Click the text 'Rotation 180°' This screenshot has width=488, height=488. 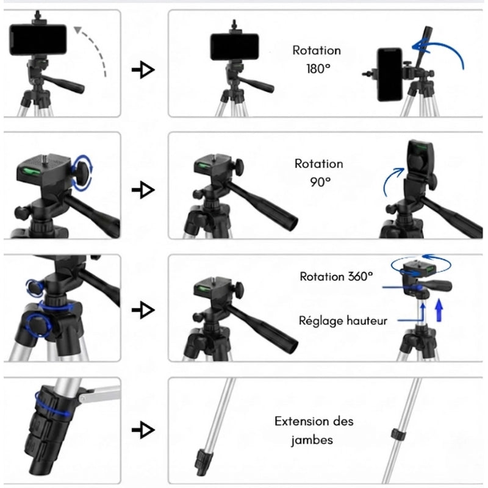[x=316, y=60]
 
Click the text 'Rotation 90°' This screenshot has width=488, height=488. [x=318, y=172]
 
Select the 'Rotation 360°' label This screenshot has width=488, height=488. [x=335, y=276]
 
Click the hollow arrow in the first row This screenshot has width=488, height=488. [x=143, y=71]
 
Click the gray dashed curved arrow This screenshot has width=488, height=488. [x=95, y=49]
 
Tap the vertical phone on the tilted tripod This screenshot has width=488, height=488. [x=389, y=74]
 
